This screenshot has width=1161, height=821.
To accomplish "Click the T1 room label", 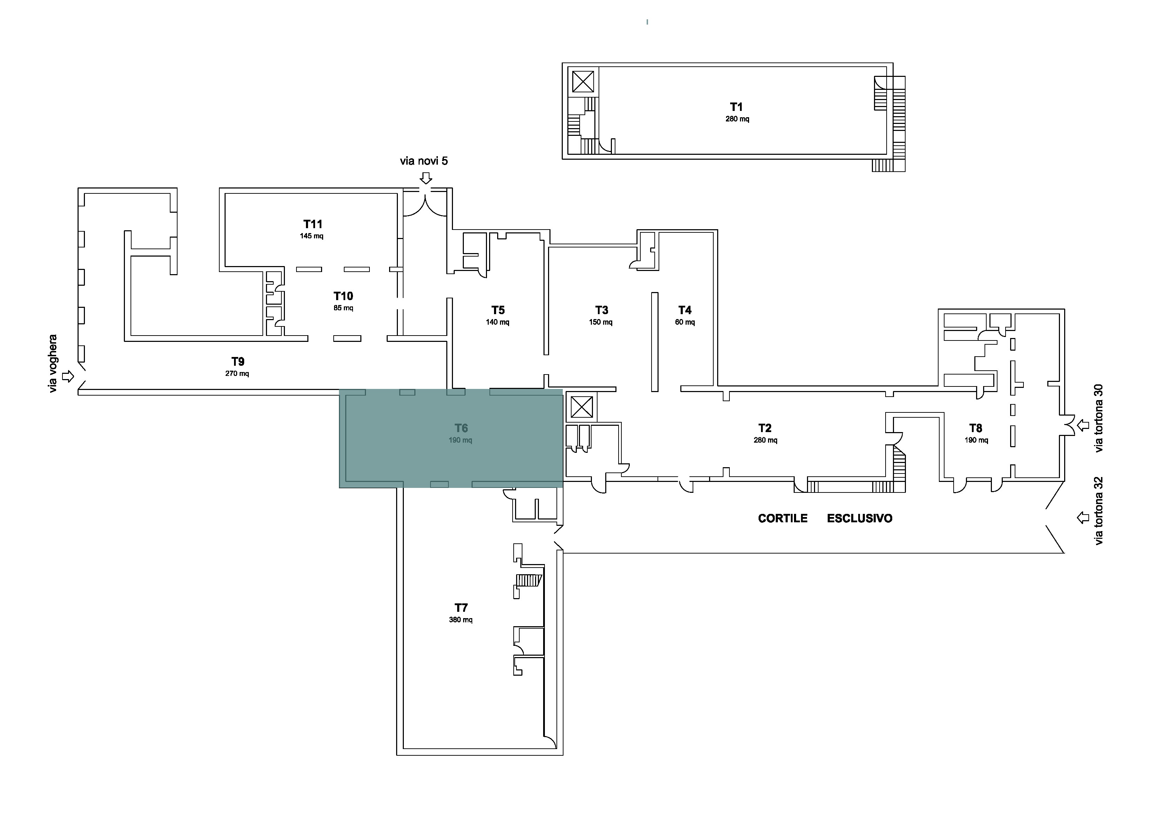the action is [736, 107].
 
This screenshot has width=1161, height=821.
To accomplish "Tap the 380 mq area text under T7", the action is [461, 620].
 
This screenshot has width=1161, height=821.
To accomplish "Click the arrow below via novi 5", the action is [426, 178].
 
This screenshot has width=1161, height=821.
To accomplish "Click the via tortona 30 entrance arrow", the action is [1083, 425].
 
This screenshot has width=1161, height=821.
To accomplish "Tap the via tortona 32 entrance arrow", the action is [1083, 517].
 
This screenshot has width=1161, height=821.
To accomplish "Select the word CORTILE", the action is [783, 518].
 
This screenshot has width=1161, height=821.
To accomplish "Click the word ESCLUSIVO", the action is [860, 518].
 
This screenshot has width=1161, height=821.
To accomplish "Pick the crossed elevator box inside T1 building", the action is [583, 81].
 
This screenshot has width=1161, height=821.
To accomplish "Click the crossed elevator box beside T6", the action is [581, 407].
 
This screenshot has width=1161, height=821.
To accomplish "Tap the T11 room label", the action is [313, 224].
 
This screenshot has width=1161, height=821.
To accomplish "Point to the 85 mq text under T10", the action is [343, 308].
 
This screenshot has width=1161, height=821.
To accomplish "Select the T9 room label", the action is [238, 362].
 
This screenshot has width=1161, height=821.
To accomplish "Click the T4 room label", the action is [685, 310].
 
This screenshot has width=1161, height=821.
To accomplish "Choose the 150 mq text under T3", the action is [601, 322].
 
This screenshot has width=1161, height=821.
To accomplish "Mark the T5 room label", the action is [498, 310].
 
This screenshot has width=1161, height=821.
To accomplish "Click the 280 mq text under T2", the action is [766, 440].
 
